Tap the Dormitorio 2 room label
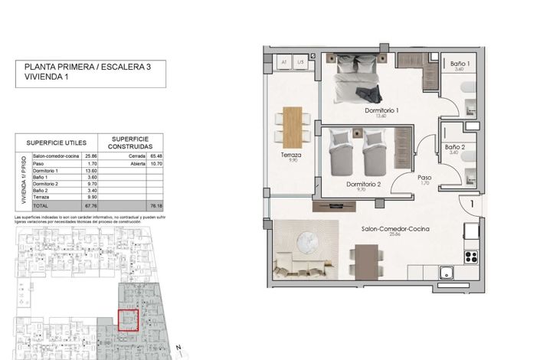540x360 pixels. [363, 185]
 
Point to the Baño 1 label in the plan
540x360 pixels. [460, 64]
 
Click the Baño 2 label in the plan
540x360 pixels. [455, 146]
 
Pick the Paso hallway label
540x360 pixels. [425, 178]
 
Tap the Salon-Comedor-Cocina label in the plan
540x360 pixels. [395, 229]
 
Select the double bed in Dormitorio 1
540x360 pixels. [358, 79]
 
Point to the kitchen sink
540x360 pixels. [446, 273]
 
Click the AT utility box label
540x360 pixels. [283, 62]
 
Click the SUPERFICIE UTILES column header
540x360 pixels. [62, 142]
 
